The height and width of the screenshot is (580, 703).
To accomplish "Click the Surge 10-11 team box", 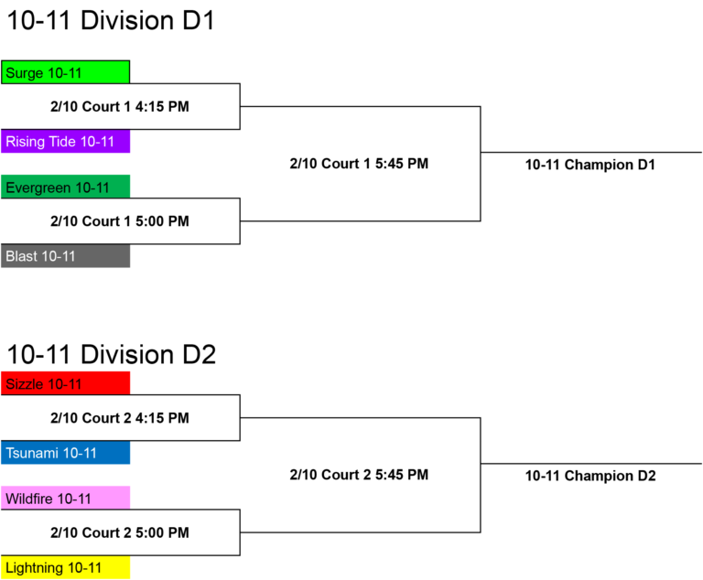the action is point(66,72).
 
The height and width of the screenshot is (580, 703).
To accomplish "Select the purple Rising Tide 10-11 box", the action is point(66,141).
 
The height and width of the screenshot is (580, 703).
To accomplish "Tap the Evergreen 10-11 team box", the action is point(66,187).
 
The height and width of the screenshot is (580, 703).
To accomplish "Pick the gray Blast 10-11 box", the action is point(66,256).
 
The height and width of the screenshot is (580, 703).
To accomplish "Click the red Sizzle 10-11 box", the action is point(66,383).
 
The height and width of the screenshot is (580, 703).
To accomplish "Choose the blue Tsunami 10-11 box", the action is point(66,452).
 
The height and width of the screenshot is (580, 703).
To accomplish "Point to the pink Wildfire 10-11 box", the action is point(66,498).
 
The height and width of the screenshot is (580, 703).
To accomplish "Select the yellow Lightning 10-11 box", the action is point(66,567).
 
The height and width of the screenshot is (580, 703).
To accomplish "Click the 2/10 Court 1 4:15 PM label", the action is point(120,107).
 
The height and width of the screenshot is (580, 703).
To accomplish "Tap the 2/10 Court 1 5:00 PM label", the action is point(120,221).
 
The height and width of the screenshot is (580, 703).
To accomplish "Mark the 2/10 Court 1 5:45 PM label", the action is point(359,164).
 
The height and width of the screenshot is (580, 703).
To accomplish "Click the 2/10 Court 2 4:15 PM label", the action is point(120,418).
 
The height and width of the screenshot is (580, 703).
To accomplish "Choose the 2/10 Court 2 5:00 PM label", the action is point(120,532).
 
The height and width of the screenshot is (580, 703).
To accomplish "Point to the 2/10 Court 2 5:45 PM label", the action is point(359,475).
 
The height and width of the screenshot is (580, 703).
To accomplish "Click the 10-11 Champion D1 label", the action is point(590,165).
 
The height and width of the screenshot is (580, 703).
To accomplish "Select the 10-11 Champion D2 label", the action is point(590,476).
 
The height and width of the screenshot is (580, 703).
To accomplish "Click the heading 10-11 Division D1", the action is point(111,21).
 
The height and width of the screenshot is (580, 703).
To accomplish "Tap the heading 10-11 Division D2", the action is point(112,355).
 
